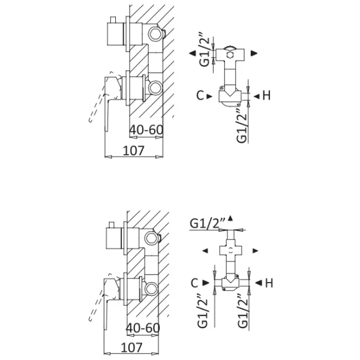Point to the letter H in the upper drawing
coord(266,95)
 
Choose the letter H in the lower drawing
coord(269,282)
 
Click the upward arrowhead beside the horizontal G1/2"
coord(230,218)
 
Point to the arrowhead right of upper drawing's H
coord(254,95)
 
